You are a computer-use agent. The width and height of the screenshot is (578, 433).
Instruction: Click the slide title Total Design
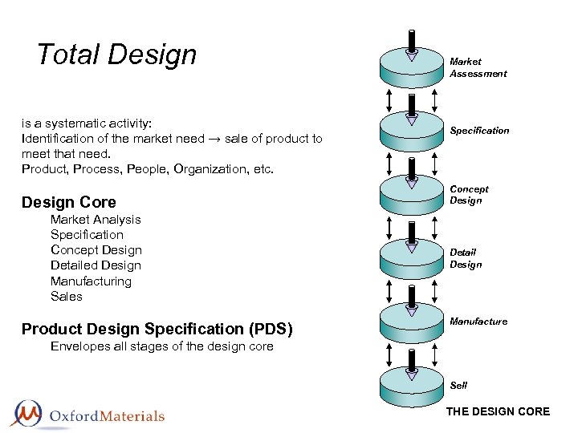click(116, 55)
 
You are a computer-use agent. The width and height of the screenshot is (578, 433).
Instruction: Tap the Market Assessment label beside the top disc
click(478, 67)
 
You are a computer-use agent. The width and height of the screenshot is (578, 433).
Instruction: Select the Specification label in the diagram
click(479, 131)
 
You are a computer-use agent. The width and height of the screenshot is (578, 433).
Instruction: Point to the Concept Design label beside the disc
click(469, 195)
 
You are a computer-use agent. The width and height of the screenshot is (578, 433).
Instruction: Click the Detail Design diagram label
click(466, 258)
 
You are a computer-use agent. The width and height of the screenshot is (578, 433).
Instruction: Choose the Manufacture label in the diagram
click(478, 322)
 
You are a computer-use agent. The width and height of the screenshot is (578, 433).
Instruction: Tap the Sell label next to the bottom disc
click(458, 386)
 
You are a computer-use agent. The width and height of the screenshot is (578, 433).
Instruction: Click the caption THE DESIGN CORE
click(498, 412)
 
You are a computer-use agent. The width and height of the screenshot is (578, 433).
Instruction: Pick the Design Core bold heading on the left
click(69, 202)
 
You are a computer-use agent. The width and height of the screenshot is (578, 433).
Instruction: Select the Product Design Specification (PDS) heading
click(157, 329)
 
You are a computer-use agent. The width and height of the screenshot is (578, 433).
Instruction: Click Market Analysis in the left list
click(96, 220)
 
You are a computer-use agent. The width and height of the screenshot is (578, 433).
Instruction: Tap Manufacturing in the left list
click(91, 281)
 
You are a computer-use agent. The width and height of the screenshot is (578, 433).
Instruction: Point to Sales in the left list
click(67, 297)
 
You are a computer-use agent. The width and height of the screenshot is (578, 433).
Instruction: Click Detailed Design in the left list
click(96, 265)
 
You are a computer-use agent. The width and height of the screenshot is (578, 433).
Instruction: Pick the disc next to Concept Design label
click(411, 196)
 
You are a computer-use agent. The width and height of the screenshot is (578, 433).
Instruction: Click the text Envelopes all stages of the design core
click(161, 346)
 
